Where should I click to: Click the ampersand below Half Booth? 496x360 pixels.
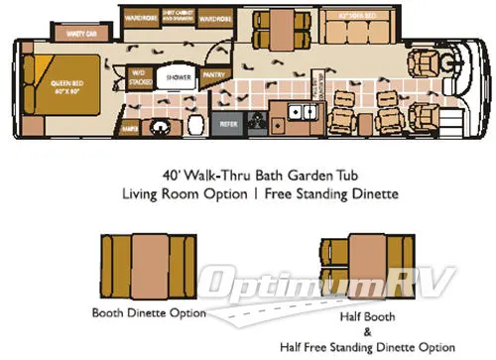click(360, 332)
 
